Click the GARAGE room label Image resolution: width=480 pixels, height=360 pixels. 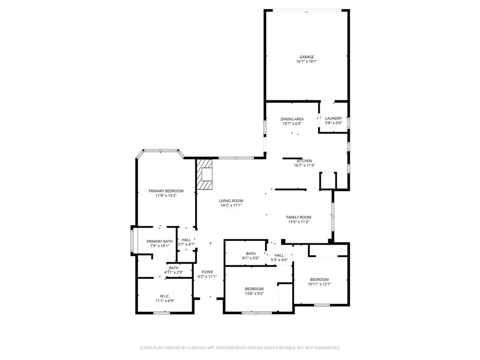[x=307, y=57]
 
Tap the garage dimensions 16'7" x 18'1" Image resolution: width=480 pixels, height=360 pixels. [x=307, y=61]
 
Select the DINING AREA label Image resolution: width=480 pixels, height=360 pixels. [x=292, y=119]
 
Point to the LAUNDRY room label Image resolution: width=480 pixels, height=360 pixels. [x=333, y=119]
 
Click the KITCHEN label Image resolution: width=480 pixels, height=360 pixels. [x=304, y=161]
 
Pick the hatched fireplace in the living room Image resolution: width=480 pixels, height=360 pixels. [x=204, y=174]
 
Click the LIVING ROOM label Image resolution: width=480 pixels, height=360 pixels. [x=231, y=201]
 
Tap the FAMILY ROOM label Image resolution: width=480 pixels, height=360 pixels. [x=299, y=217]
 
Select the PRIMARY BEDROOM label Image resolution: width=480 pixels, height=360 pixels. [x=166, y=191]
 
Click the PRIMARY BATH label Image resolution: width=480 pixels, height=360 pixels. [x=159, y=241]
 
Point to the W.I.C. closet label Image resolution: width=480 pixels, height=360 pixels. [x=165, y=296]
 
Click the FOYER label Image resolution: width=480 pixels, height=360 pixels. [x=207, y=272]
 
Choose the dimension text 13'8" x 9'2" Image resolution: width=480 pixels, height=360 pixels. [x=254, y=293]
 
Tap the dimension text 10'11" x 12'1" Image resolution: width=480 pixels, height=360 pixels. [x=319, y=284]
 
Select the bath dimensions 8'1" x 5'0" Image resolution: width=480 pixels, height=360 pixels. [x=250, y=258]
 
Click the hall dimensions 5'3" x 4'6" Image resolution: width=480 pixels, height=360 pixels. [x=279, y=260]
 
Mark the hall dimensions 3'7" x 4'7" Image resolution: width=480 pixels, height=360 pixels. [x=186, y=244]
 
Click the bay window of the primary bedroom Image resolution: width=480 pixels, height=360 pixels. [x=160, y=150]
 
